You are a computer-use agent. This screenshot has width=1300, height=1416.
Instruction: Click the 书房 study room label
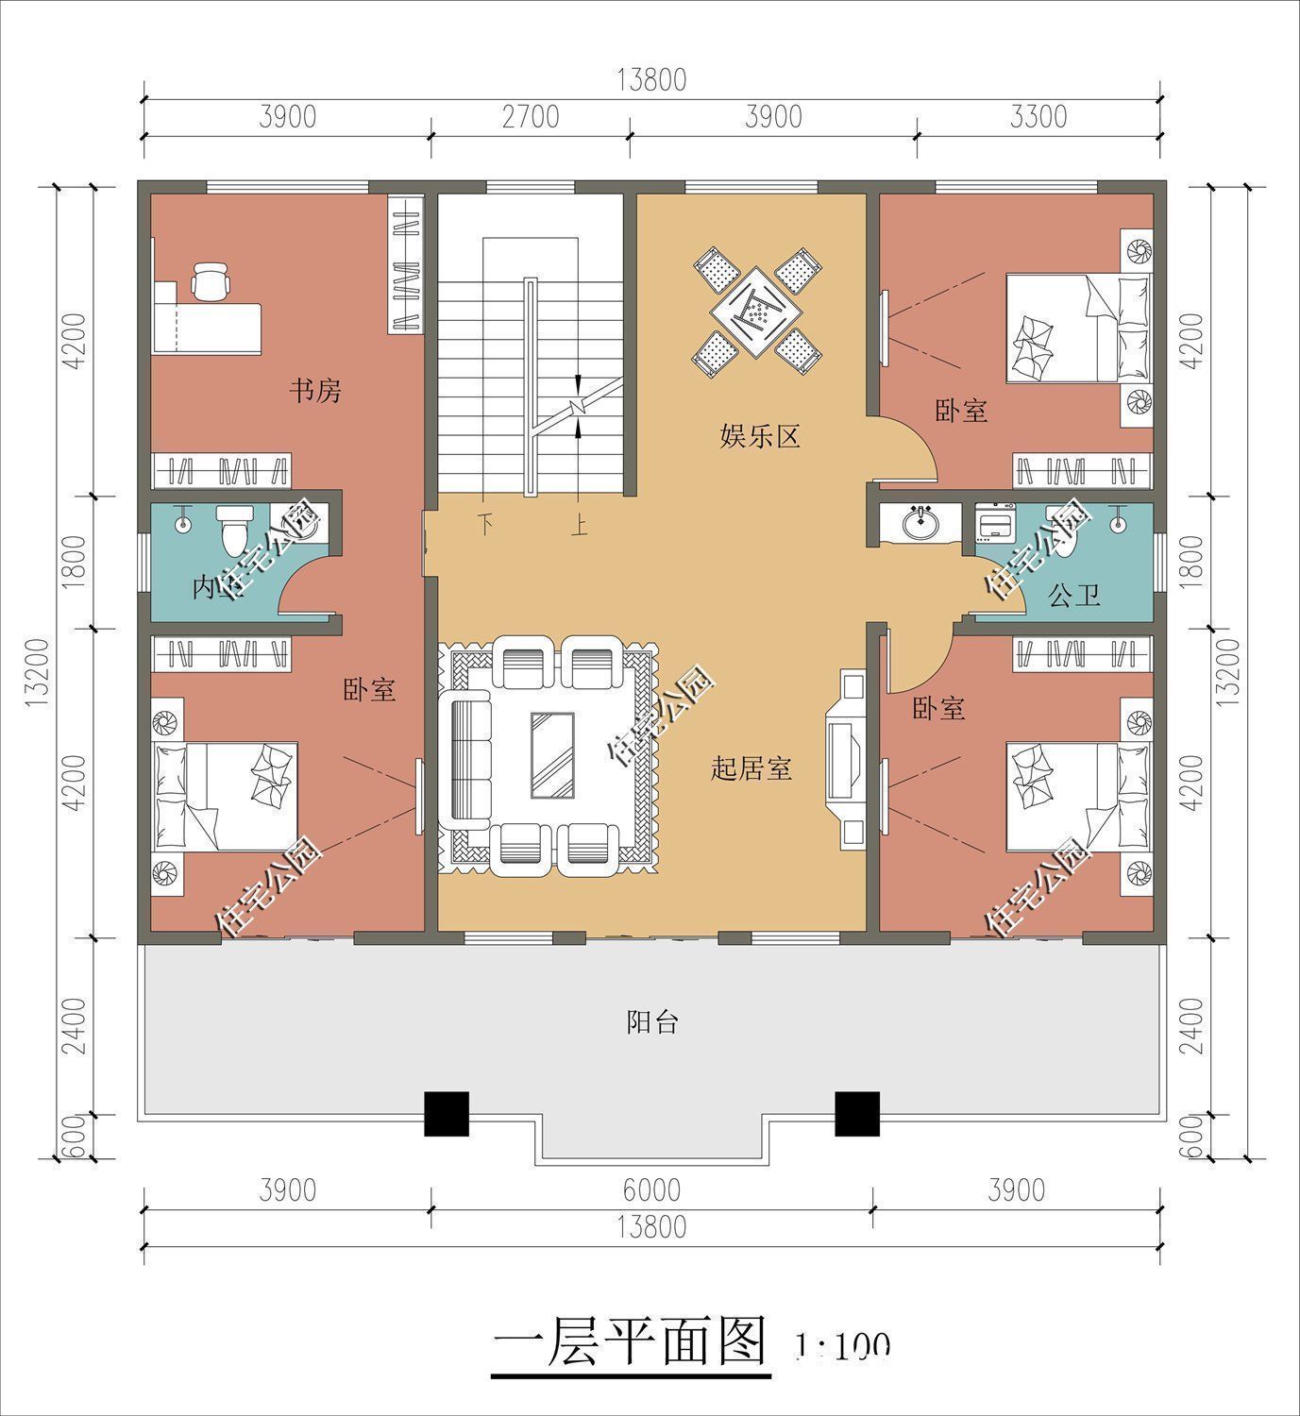tap(314, 390)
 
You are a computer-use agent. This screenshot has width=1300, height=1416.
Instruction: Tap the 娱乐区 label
tap(760, 436)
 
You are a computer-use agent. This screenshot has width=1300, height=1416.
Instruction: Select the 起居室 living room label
tap(751, 769)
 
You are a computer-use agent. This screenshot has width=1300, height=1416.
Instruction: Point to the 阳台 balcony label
tap(652, 1021)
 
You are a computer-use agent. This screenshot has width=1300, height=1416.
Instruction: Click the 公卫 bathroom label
tap(1074, 595)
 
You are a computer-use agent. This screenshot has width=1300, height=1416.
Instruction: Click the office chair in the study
tap(210, 280)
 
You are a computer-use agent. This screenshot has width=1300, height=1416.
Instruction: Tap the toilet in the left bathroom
tap(232, 531)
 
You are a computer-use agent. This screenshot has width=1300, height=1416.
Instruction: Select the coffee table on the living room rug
tap(552, 755)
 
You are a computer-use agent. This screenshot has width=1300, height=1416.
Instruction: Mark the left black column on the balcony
tap(446, 1113)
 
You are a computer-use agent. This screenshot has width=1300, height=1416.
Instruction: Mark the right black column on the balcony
tap(857, 1113)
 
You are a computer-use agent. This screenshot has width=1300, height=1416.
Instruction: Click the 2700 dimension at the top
tap(531, 117)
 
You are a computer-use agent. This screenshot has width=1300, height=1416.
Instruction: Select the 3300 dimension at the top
tap(1038, 117)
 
